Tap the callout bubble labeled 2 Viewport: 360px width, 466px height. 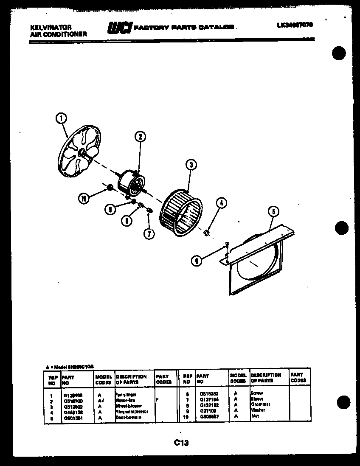(140, 136)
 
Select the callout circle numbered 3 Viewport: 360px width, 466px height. (191, 165)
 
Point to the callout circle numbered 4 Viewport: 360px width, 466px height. (221, 203)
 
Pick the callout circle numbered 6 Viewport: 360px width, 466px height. (196, 261)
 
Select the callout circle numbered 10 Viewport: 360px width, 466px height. (84, 198)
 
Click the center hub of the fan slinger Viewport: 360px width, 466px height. (82, 153)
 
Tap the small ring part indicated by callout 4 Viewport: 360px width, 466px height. (206, 232)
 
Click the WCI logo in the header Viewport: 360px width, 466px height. (120, 28)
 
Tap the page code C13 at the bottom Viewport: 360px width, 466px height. (181, 443)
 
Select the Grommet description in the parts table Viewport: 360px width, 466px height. (260, 404)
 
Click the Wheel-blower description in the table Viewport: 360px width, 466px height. (128, 406)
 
